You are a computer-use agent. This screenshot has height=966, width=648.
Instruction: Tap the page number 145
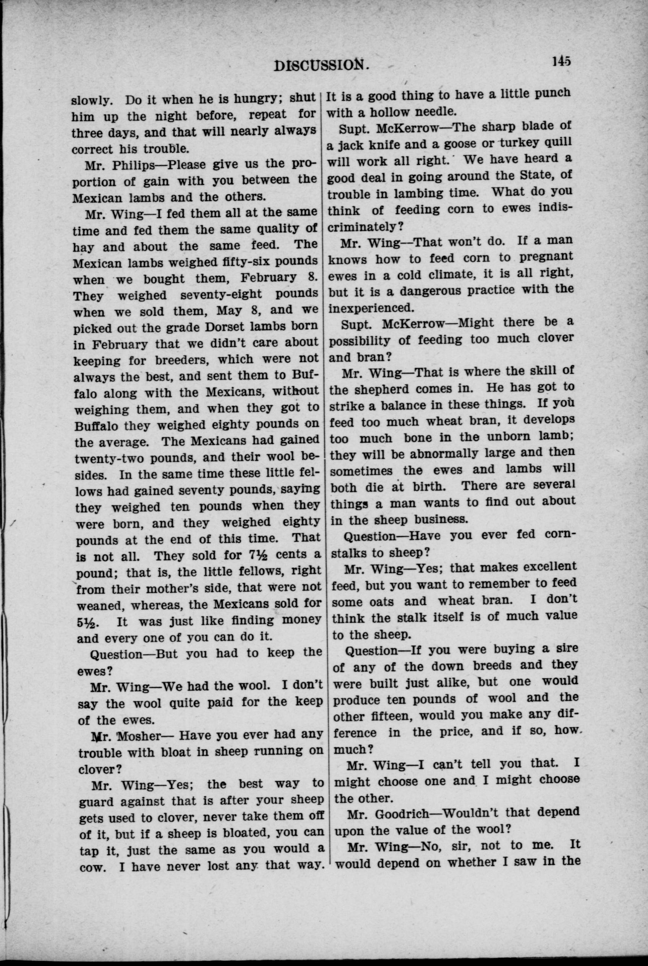[561, 61]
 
